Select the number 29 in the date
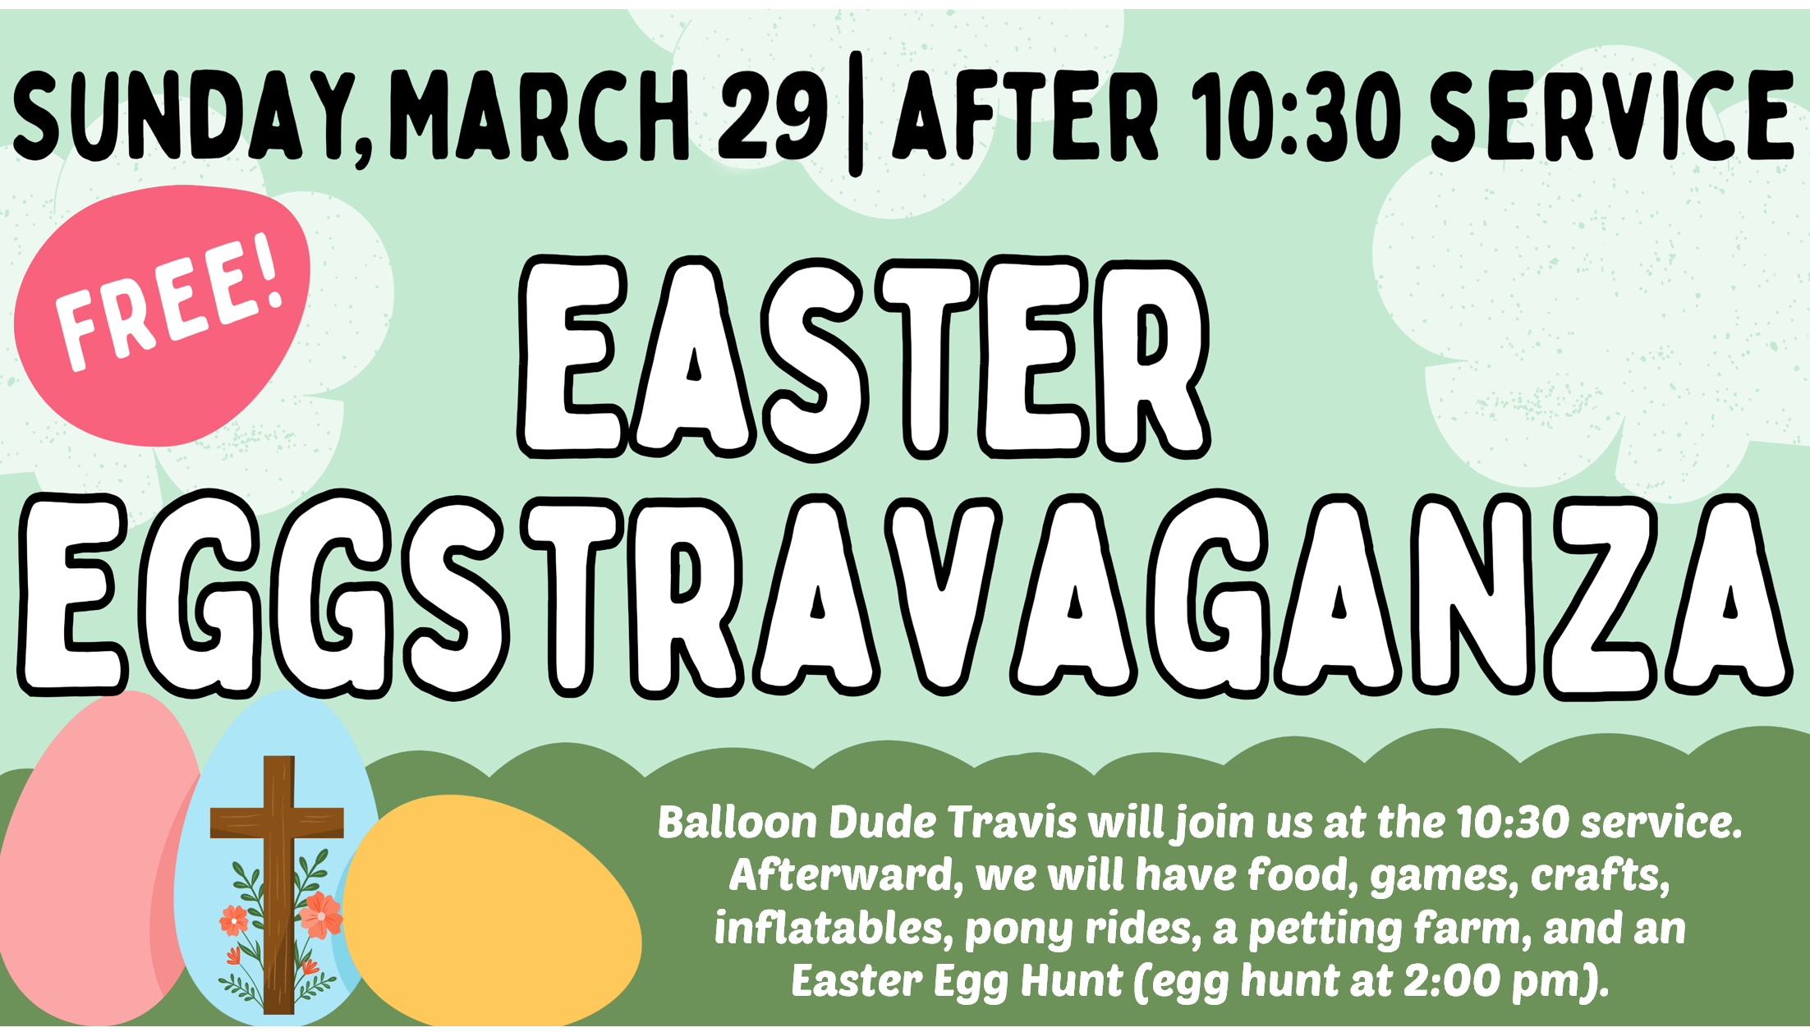click(772, 115)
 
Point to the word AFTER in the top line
click(1026, 115)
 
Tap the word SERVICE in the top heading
click(1612, 115)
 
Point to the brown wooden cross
click(278, 883)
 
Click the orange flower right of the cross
click(320, 914)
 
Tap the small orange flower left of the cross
click(234, 920)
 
